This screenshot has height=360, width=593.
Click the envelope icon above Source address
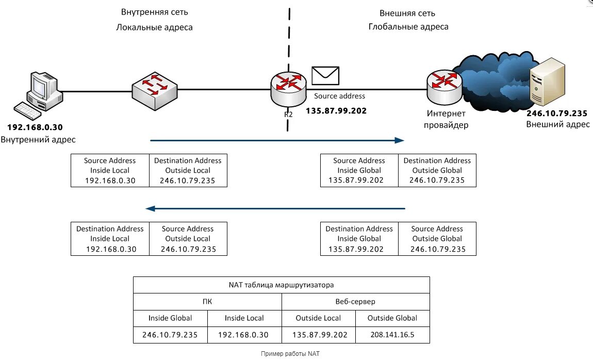325,76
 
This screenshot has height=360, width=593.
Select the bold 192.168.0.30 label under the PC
35,127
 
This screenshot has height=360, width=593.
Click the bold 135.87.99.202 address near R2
336,110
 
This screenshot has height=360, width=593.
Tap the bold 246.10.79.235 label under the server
557,113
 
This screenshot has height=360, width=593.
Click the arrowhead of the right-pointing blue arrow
399,140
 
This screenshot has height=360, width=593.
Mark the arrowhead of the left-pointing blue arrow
151,208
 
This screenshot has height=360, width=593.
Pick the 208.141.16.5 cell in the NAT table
392,335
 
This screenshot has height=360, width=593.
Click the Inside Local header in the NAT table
244,318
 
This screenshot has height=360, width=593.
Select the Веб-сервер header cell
355,301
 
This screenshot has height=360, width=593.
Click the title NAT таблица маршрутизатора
281,285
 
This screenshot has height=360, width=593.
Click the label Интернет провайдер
446,119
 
